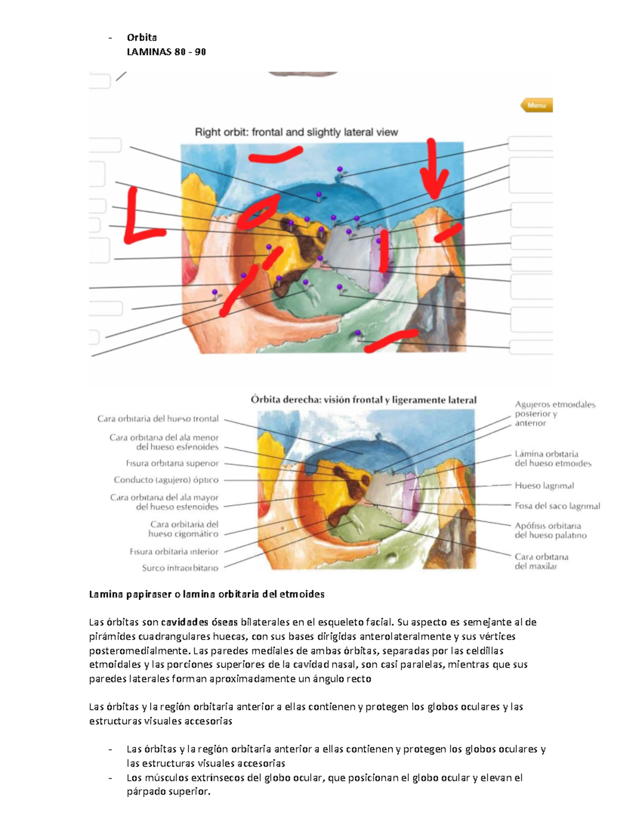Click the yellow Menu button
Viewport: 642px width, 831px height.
pyautogui.click(x=537, y=105)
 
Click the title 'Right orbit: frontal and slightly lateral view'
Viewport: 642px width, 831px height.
pyautogui.click(x=296, y=132)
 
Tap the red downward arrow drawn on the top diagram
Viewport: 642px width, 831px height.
pyautogui.click(x=432, y=171)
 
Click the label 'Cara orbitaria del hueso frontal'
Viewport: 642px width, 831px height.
pyautogui.click(x=158, y=419)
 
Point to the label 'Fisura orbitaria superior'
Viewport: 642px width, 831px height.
pyautogui.click(x=172, y=463)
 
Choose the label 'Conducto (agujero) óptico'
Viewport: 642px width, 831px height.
pyautogui.click(x=166, y=480)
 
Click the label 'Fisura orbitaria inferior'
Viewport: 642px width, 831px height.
pyautogui.click(x=174, y=552)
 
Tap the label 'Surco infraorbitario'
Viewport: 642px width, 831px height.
pyautogui.click(x=180, y=568)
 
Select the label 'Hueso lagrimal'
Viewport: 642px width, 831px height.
pyautogui.click(x=544, y=486)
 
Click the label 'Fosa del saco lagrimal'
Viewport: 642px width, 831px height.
pyautogui.click(x=557, y=506)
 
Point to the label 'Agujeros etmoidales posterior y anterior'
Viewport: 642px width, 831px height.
pyautogui.click(x=555, y=414)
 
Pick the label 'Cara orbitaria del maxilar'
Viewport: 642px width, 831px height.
pyautogui.click(x=541, y=561)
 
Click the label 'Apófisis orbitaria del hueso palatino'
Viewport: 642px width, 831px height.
pyautogui.click(x=551, y=530)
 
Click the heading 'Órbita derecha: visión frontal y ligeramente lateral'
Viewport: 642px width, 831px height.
pyautogui.click(x=363, y=400)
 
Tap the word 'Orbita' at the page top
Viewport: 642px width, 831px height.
pyautogui.click(x=142, y=37)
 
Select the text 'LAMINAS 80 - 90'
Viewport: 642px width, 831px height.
pyautogui.click(x=166, y=52)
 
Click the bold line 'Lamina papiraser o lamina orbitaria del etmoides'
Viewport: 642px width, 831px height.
pyautogui.click(x=207, y=594)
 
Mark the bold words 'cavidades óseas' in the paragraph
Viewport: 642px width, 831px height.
pyautogui.click(x=185, y=622)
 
